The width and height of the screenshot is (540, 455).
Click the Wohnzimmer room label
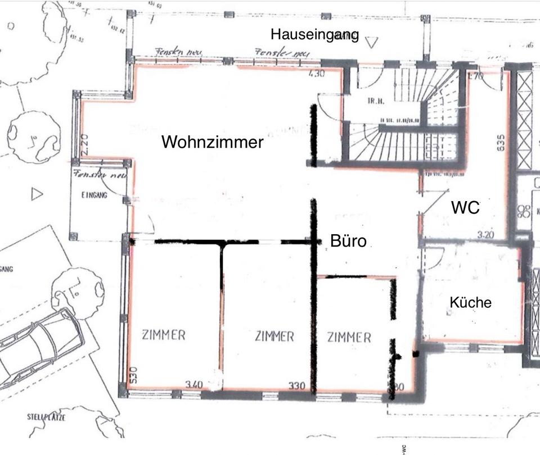coord(212,142)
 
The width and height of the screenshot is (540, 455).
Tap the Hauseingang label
coord(314,34)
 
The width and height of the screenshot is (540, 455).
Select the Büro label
coord(348,242)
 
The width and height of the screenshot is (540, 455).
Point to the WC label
coord(465,208)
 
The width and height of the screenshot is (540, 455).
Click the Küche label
coord(470,303)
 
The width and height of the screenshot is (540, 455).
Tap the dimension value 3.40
coord(194,385)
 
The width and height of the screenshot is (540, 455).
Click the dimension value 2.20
coord(84,143)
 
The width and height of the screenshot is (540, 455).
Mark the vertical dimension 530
coord(134,375)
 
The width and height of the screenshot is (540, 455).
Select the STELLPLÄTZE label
coord(46,417)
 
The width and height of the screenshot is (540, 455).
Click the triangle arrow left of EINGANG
coord(37,194)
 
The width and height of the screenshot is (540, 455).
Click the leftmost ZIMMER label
coord(164,335)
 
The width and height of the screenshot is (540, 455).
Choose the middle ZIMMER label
coord(274,336)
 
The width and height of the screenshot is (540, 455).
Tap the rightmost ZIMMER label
coord(349,337)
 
